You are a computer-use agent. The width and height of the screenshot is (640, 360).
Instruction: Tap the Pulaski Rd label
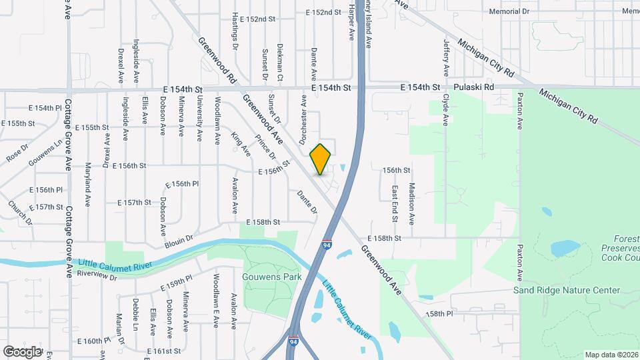tap(474, 87)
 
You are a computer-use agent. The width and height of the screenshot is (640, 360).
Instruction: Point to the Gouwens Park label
tap(272, 277)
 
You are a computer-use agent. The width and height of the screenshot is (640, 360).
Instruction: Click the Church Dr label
tap(20, 213)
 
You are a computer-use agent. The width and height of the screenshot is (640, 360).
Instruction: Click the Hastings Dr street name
tap(234, 31)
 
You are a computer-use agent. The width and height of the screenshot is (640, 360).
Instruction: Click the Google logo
tap(22, 351)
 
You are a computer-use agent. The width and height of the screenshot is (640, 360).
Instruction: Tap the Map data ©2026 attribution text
tap(611, 355)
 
